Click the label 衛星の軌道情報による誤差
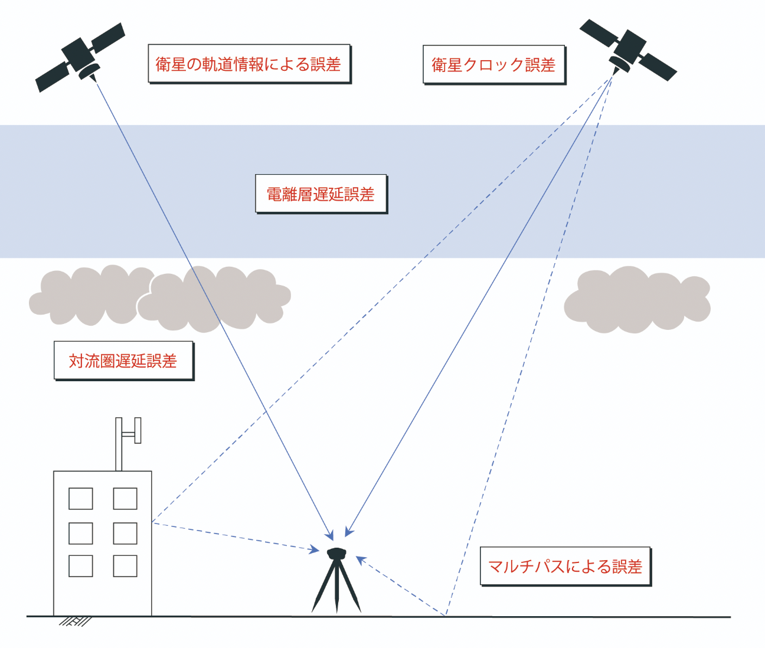pos(249,64)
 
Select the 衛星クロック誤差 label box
pos(493,64)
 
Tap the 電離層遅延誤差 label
pos(321,194)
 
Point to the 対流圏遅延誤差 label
pos(123,361)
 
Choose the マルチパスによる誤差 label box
pos(565,567)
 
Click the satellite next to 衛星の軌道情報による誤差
pos(80,57)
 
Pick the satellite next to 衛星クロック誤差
pos(628,50)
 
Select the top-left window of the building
pos(81,499)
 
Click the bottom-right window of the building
pos(125,566)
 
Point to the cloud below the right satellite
pos(637,299)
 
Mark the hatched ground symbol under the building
pos(75,621)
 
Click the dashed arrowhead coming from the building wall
pos(315,551)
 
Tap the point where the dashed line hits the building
pos(152,522)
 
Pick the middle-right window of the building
pos(125,533)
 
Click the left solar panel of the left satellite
pos(52,77)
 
